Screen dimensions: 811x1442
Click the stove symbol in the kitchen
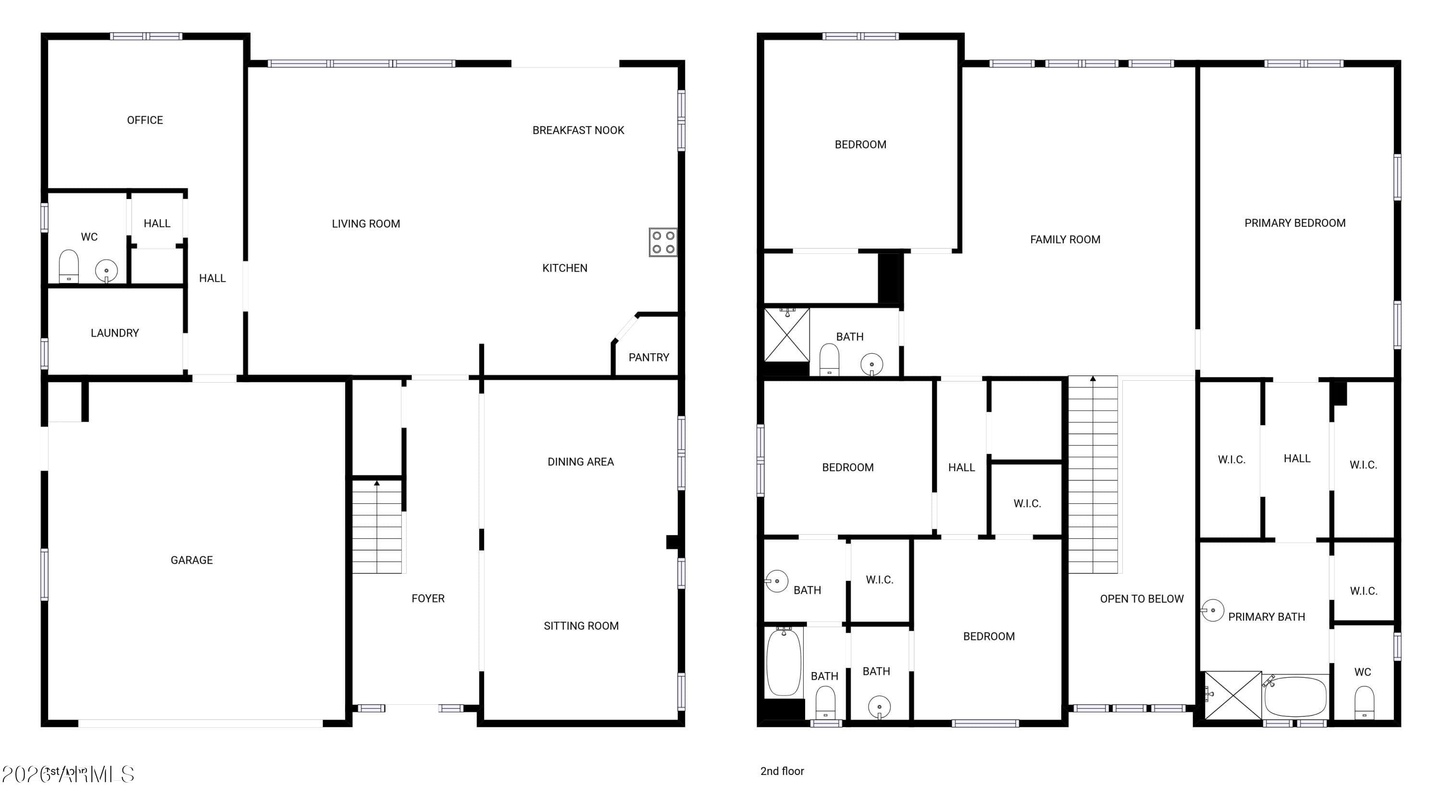pyautogui.click(x=663, y=242)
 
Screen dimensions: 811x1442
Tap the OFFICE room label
pyautogui.click(x=145, y=120)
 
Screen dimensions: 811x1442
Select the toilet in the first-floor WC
pyautogui.click(x=69, y=266)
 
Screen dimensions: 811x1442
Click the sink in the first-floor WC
pyautogui.click(x=106, y=271)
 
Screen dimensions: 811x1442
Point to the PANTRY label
pyautogui.click(x=649, y=358)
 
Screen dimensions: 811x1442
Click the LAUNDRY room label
pyautogui.click(x=115, y=333)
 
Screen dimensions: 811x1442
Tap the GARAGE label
pyautogui.click(x=191, y=560)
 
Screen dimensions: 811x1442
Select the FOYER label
pyautogui.click(x=428, y=599)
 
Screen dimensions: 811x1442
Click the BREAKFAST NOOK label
pyautogui.click(x=578, y=130)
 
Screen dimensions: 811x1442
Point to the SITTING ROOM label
pyautogui.click(x=581, y=626)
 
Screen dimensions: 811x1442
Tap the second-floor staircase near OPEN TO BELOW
pyautogui.click(x=1093, y=476)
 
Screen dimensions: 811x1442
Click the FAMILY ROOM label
pyautogui.click(x=1065, y=239)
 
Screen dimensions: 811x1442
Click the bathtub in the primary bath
pyautogui.click(x=1295, y=696)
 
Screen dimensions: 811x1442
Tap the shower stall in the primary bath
pyautogui.click(x=1232, y=695)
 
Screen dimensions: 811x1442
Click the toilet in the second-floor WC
pyautogui.click(x=1364, y=702)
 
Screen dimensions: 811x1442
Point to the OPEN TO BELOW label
pyautogui.click(x=1142, y=599)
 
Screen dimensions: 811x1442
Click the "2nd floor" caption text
pyautogui.click(x=782, y=771)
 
